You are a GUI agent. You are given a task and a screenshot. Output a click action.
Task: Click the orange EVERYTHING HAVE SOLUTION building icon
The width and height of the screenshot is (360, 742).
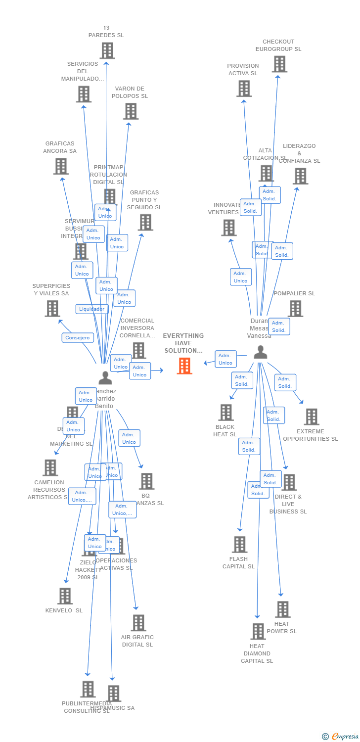[184, 366]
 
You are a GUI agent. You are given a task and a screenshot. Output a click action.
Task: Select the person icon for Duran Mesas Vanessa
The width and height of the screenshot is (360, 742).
[260, 352]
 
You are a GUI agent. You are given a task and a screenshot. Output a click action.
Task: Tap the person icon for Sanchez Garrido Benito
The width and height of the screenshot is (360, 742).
[105, 377]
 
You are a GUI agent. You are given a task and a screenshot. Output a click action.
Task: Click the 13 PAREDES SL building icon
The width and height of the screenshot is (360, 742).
[107, 50]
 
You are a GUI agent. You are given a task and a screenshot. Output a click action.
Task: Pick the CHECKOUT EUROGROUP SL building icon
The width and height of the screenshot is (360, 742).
[279, 64]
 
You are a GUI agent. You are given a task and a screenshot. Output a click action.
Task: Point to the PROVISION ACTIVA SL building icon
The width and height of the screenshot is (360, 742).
[244, 89]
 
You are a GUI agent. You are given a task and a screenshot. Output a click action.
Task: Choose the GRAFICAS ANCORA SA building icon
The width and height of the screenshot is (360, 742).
[61, 166]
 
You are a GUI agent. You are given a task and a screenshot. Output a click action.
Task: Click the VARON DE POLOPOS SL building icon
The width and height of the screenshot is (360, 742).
[131, 111]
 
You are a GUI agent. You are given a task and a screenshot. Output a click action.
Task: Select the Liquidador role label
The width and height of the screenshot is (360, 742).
[92, 309]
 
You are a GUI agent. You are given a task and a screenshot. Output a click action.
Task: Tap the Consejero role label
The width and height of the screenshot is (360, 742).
[78, 338]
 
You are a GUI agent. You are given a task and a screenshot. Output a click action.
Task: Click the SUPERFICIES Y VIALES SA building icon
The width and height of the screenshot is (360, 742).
[52, 309]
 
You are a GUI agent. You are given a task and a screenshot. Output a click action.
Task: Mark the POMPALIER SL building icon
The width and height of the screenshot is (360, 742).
[295, 308]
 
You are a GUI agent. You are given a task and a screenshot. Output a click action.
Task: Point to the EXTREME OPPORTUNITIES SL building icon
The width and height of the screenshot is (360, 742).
[311, 417]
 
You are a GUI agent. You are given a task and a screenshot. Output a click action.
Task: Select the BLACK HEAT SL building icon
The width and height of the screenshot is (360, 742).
[226, 412]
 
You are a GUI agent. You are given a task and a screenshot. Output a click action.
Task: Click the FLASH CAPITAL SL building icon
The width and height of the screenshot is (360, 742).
[239, 544]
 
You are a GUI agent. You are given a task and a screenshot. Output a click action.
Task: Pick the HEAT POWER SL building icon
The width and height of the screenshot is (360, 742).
[282, 609]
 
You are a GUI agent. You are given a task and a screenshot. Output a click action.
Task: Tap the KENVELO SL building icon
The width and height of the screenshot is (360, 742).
[65, 596]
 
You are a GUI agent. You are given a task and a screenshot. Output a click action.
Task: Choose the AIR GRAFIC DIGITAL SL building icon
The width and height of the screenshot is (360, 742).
[138, 623]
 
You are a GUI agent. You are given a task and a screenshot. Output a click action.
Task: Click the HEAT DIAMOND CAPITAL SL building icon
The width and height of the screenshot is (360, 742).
[258, 631]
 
